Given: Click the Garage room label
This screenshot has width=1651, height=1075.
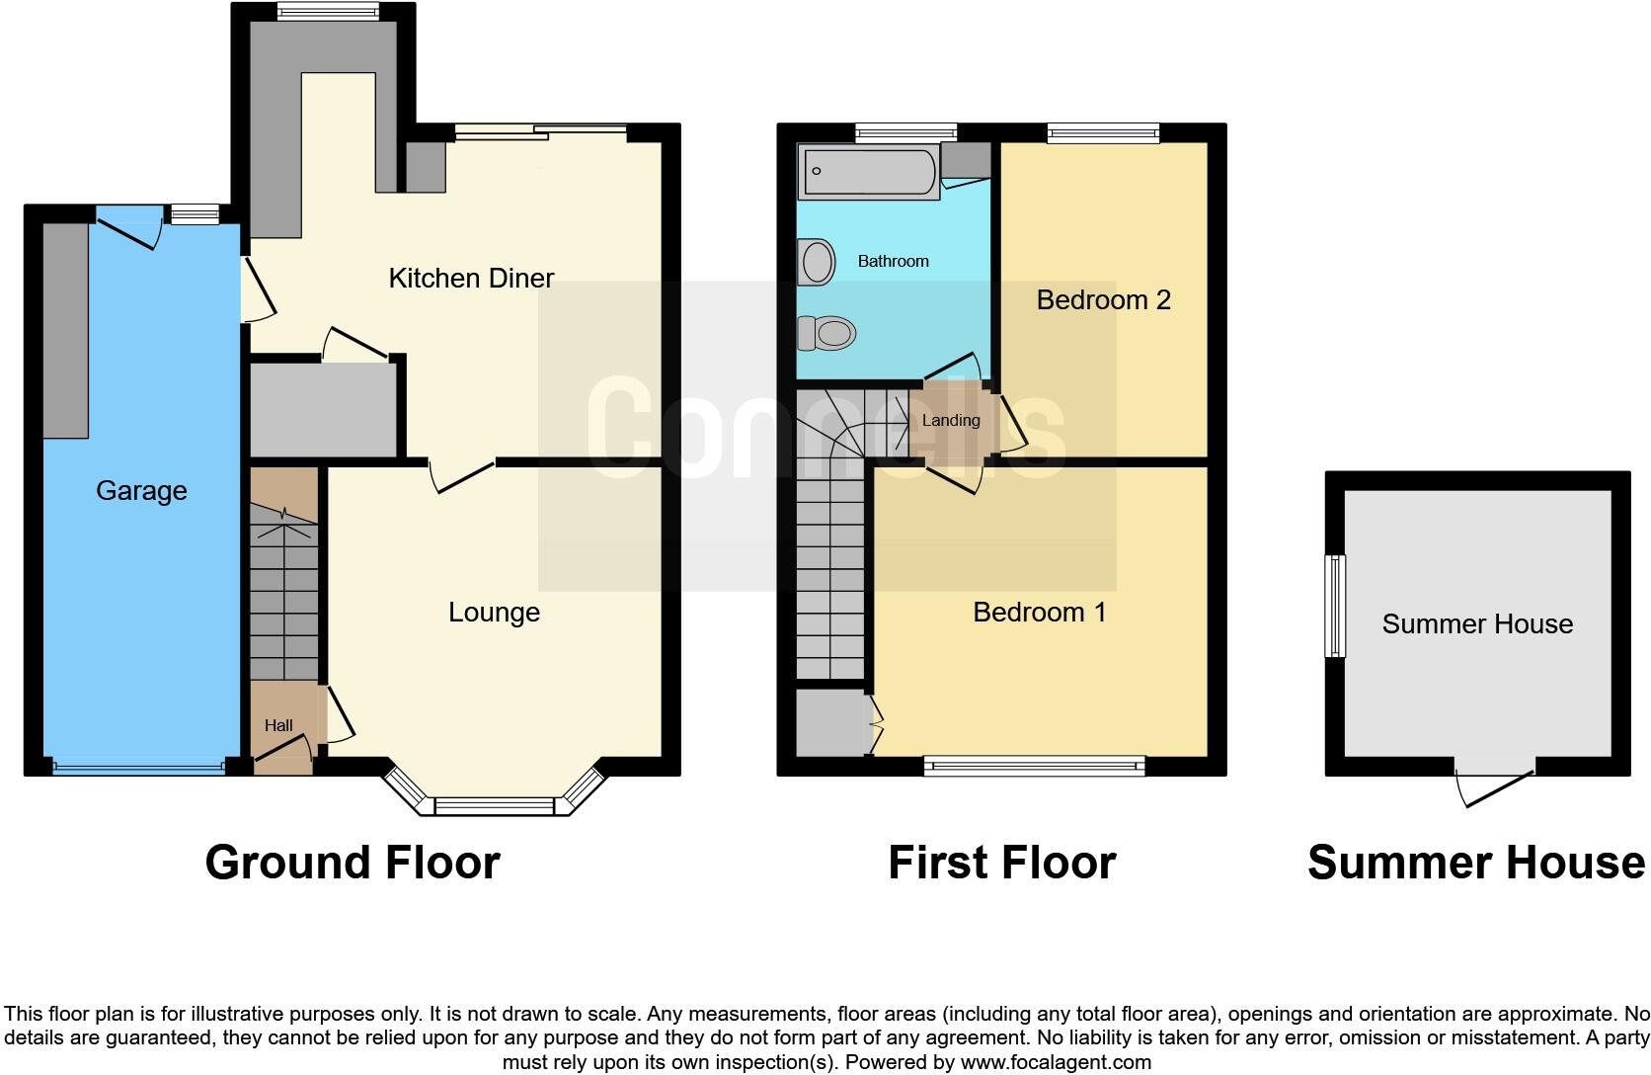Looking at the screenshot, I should pos(141,491).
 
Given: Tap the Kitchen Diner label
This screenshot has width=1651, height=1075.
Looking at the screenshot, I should pos(471,279).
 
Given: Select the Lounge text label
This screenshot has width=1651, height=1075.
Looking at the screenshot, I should pos(494,613).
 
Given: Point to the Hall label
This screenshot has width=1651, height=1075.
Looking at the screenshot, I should pos(278,725).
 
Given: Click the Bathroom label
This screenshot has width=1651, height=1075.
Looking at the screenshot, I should pos(893,261).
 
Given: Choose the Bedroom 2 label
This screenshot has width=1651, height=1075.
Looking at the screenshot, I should pos(1103,300).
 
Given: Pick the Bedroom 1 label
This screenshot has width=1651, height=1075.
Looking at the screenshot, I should pos(1039,613).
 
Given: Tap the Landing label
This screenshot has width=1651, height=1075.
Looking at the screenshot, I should pos(950,420).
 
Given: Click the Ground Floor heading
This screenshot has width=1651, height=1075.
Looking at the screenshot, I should pos(353,863).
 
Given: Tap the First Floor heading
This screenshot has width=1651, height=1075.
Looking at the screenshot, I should pos(1001,863).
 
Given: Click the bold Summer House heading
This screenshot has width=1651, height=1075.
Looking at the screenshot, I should pos(1476,863).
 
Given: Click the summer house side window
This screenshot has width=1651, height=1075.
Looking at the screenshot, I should pos(1335,606).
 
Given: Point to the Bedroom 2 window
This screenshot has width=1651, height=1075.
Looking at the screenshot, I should pos(1103,132).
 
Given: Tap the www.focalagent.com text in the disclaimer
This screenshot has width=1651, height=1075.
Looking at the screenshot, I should pos(1056,1063).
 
